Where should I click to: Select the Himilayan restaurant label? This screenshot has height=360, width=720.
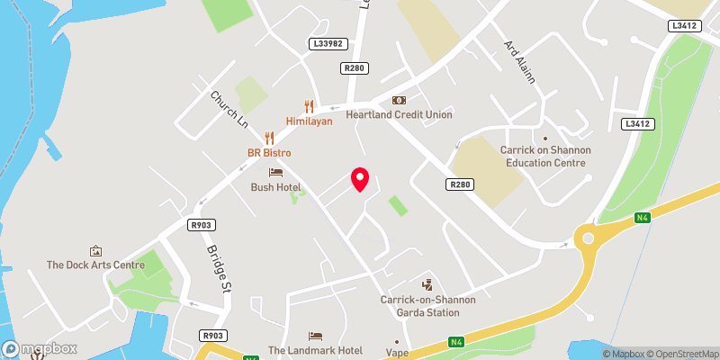[310, 121]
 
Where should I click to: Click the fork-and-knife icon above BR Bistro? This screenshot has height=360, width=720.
[268, 138]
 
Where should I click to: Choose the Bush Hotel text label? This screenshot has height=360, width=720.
[275, 187]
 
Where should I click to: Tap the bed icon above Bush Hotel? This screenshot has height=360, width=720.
[275, 172]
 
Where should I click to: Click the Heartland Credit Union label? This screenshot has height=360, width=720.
[400, 115]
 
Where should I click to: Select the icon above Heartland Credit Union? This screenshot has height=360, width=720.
[399, 100]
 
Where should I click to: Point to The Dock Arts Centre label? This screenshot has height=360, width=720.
[95, 265]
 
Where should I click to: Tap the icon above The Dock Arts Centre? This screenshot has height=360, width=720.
[95, 249]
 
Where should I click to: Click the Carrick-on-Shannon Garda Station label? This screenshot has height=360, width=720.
[419, 306]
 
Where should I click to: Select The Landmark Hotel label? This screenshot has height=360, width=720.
[315, 350]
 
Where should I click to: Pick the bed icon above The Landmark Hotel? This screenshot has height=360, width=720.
[315, 335]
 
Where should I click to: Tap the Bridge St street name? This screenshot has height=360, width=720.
[219, 270]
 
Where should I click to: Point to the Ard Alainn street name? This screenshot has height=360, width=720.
[519, 62]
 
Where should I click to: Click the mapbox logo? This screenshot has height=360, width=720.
[40, 348]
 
